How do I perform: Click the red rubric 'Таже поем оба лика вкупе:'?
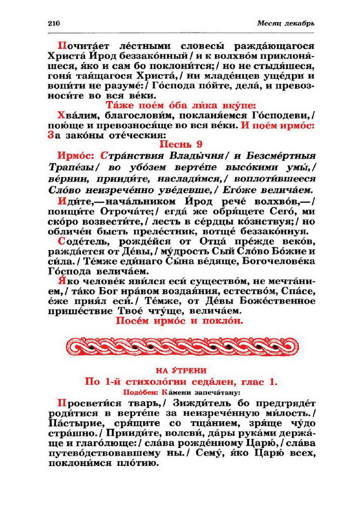(180, 105)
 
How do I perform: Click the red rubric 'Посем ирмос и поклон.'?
(180, 321)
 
